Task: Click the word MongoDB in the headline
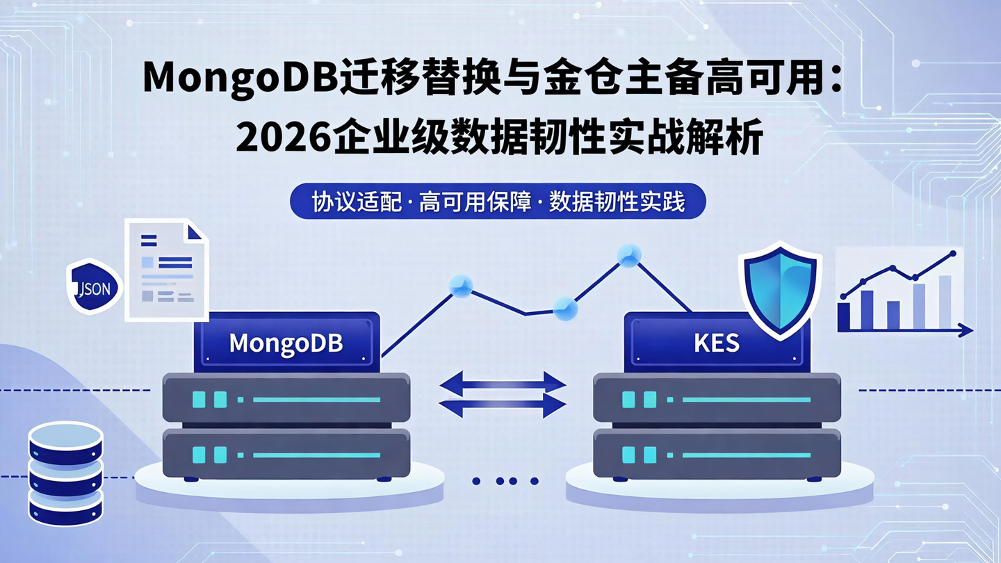pos(239,79)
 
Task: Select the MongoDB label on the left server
pos(286,343)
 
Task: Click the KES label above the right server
pos(716,343)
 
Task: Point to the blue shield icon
pos(780,288)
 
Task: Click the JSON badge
pos(94,286)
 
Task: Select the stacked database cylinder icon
pos(65,473)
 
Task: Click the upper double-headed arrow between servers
pos(503,382)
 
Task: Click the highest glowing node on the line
pos(629,256)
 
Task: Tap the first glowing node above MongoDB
pos(460,285)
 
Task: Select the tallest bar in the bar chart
pos(945,302)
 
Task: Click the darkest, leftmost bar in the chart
pos(844,316)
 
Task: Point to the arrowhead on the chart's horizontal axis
pos(966,331)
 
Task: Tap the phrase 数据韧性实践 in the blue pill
pos(617,202)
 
